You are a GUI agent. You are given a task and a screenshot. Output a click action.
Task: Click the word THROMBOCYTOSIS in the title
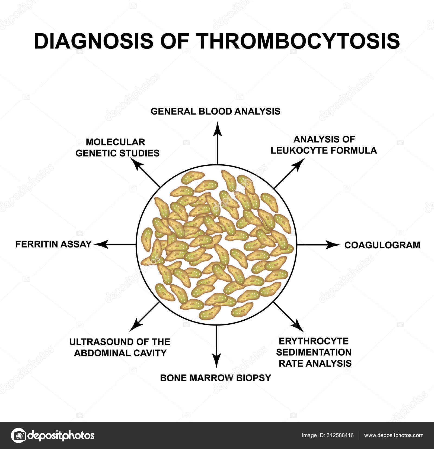click(298, 41)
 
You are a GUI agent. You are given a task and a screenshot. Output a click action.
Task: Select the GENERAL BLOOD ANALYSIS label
click(215, 111)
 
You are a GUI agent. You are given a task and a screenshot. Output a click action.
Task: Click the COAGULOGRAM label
click(382, 245)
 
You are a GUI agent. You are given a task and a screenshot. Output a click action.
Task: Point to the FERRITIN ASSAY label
click(53, 244)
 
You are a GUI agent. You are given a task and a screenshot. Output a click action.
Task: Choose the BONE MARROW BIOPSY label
click(215, 378)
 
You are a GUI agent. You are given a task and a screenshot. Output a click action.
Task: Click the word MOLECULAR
click(116, 142)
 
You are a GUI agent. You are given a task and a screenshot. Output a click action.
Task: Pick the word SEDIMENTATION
click(314, 352)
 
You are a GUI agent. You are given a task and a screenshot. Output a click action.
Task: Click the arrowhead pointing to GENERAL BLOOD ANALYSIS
click(217, 128)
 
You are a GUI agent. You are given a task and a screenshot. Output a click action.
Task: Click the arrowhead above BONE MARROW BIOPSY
click(216, 362)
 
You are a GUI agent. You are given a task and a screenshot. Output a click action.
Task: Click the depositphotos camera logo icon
click(18, 435)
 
